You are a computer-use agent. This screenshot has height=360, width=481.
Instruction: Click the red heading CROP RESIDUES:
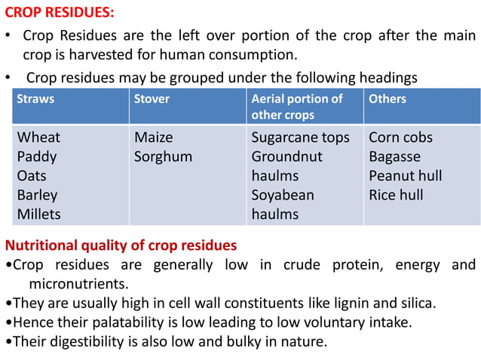(61, 14)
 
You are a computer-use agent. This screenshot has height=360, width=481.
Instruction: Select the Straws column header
(35, 99)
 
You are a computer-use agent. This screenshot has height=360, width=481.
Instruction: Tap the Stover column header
(152, 99)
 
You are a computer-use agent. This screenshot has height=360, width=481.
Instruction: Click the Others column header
(387, 99)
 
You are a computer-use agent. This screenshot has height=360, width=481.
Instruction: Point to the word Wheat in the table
(38, 138)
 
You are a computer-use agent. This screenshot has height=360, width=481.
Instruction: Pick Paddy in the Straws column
(37, 157)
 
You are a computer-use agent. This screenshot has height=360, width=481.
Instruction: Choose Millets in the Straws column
(39, 214)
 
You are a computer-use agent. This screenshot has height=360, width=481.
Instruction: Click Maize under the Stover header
(153, 138)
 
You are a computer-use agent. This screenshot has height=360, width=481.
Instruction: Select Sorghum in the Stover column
(163, 157)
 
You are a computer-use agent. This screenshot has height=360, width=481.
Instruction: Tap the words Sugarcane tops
(300, 138)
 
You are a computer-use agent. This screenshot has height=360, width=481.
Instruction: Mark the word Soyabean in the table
(283, 195)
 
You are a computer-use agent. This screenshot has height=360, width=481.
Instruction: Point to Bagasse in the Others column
(394, 157)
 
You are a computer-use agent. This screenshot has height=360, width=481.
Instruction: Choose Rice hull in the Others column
(396, 195)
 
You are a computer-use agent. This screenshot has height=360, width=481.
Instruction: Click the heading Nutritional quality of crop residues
(121, 246)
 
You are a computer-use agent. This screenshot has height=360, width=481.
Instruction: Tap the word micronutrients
(78, 284)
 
